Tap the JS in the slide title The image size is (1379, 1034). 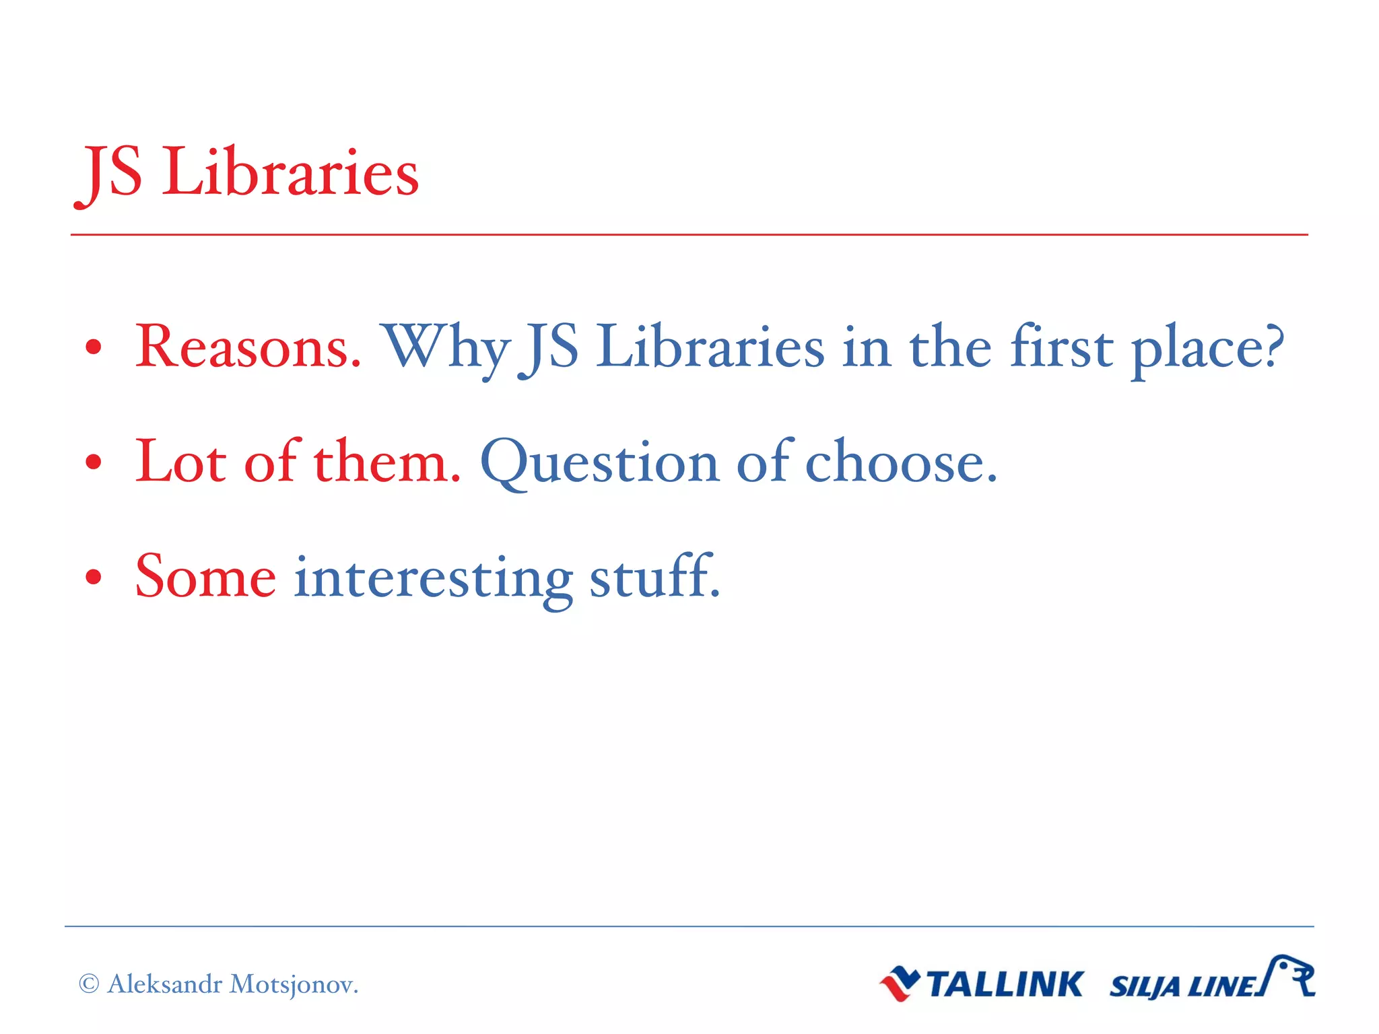pos(109,174)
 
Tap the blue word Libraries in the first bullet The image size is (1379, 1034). pos(710,347)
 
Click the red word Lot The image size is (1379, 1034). pos(180,461)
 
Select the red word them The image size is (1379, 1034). pos(387,461)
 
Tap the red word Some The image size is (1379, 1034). pos(205,576)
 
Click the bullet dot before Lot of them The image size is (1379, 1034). pos(94,462)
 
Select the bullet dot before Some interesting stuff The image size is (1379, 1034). pos(94,577)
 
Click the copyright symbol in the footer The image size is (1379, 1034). pos(89,984)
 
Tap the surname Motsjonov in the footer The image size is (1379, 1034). pos(294,985)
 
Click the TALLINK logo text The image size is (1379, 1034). pos(1005,985)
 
